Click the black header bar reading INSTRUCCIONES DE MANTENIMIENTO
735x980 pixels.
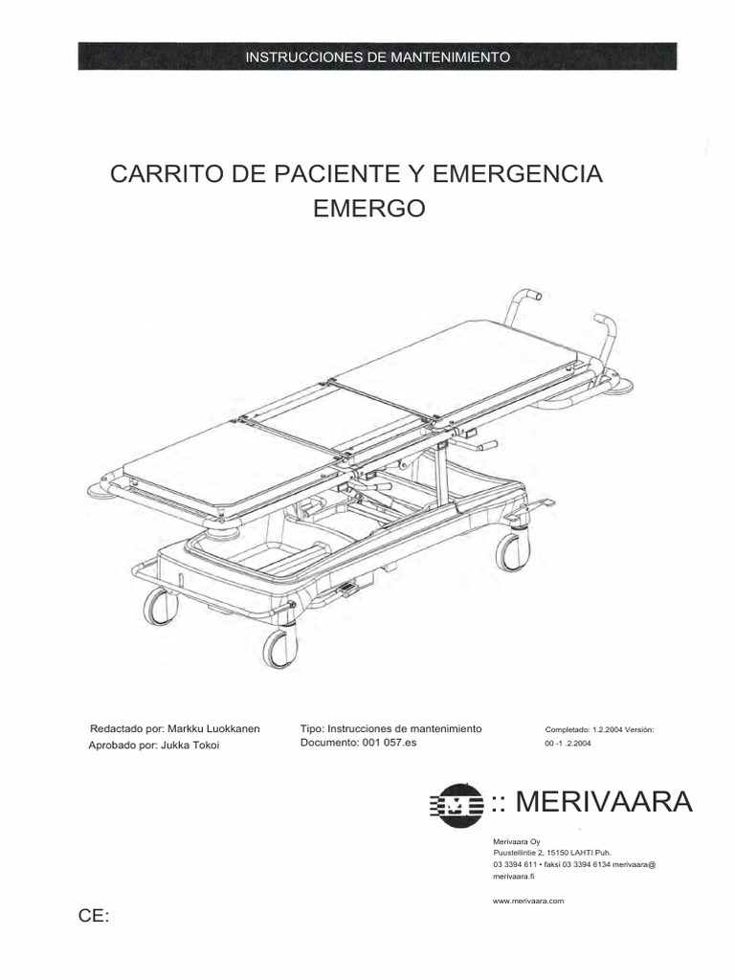[x=377, y=56]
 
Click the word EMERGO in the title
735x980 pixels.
[x=369, y=209]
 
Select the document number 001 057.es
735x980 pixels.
[x=390, y=743]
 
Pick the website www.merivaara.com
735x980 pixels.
[x=528, y=901]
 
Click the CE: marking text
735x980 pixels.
[x=94, y=917]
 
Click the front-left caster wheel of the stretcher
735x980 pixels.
[x=160, y=605]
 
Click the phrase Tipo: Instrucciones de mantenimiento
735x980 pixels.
[x=390, y=729]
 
